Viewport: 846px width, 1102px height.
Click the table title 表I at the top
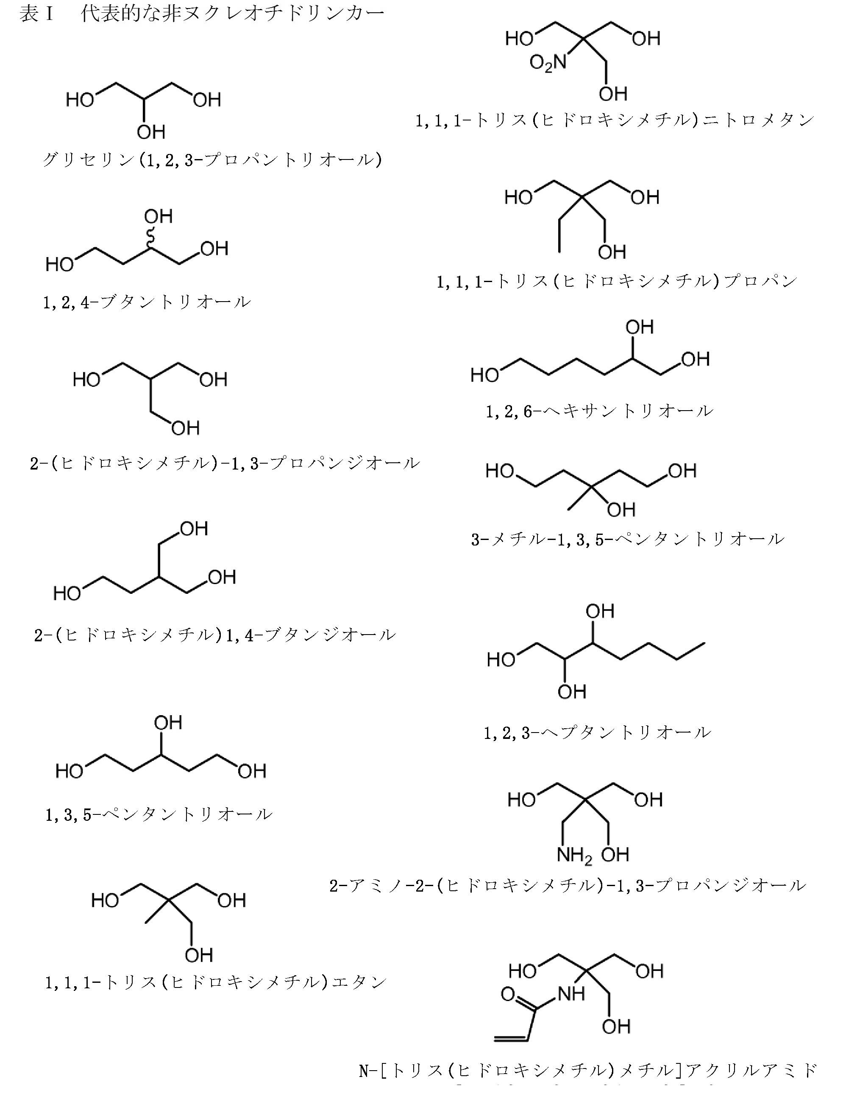point(36,14)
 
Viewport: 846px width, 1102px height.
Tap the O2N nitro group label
point(548,64)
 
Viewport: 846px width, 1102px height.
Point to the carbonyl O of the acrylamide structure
point(508,994)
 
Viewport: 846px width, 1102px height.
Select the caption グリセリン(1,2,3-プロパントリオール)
point(212,160)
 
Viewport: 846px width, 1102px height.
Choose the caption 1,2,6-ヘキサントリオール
point(599,411)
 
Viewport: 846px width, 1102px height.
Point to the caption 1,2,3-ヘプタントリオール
point(597,733)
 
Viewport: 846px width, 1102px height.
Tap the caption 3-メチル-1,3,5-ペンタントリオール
point(627,539)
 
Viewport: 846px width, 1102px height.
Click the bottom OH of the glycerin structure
point(150,132)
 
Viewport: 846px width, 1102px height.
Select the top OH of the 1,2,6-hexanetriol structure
point(640,327)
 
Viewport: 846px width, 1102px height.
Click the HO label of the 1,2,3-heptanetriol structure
point(501,660)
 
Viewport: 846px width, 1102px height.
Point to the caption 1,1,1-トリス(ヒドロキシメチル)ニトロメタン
point(614,120)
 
